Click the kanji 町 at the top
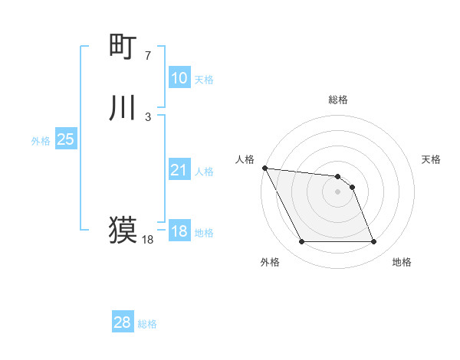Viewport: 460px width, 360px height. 123,47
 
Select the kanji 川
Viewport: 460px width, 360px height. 123,108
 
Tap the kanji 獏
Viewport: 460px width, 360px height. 123,230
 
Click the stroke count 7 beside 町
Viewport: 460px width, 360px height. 148,56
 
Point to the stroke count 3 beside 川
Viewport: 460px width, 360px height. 148,116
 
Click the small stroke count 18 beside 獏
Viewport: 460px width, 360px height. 148,240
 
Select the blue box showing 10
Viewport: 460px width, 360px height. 179,78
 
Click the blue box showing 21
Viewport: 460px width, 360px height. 179,170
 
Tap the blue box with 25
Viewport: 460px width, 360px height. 66,139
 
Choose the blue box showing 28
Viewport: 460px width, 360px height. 123,322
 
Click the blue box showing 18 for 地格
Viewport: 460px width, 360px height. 179,231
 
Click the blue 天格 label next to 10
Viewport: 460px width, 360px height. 204,80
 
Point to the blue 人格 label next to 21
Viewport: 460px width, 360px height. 204,172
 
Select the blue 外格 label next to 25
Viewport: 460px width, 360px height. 41,141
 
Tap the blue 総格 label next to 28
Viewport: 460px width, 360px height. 147,324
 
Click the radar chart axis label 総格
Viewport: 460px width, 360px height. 338,100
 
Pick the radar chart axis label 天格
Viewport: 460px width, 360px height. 432,159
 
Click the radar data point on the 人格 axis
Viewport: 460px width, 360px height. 264,168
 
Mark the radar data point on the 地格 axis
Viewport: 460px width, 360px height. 373,242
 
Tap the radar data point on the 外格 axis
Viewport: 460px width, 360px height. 301,242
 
